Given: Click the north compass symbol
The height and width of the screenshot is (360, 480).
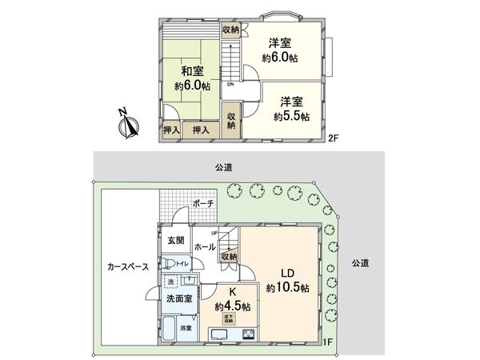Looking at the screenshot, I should (126, 125).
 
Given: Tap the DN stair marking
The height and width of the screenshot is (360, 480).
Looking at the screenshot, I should (230, 84).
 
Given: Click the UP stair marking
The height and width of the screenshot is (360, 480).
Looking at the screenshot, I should (214, 233).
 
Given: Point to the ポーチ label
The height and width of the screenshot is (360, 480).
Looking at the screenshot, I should (203, 204).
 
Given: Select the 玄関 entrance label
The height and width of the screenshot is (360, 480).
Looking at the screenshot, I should (176, 240).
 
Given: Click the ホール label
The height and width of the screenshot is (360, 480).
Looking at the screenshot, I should (205, 248).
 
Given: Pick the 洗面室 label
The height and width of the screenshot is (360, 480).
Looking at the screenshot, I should (179, 298).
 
